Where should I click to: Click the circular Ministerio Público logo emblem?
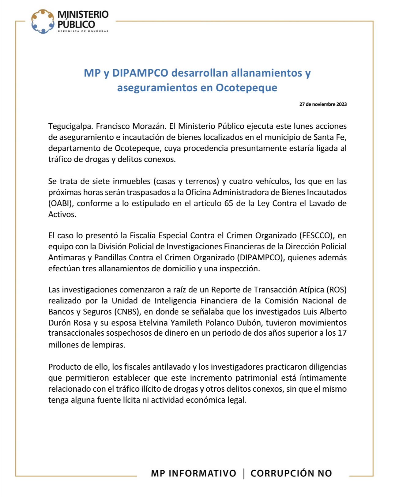pos(43,21)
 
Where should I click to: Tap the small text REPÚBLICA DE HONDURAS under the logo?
pos(83,31)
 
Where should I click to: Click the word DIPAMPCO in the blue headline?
pos(140,73)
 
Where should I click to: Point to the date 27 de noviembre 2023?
pos(323,104)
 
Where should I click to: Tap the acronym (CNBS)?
pos(127,312)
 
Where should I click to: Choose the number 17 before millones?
pos(342,333)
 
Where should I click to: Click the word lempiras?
pos(109,345)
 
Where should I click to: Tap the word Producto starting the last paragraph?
pos(63,367)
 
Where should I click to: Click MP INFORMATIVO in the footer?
pos(194,473)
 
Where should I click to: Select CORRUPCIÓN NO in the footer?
pos(291,473)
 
